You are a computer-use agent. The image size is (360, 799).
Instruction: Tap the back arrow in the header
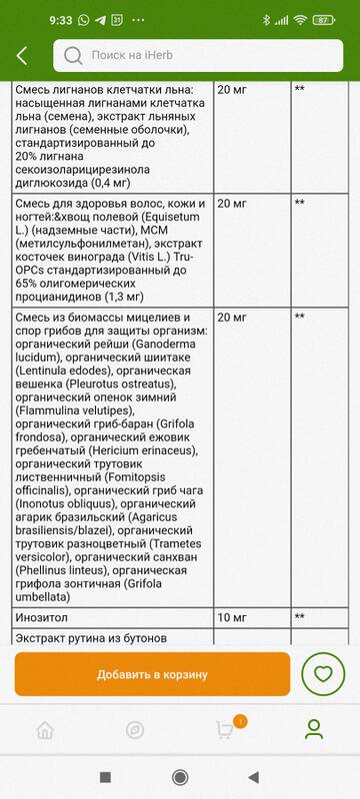pyautogui.click(x=22, y=57)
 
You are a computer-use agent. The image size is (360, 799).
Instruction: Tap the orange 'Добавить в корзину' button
pyautogui.click(x=152, y=674)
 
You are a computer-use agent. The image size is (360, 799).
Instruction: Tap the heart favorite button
pyautogui.click(x=322, y=674)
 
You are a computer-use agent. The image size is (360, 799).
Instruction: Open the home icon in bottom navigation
pyautogui.click(x=45, y=729)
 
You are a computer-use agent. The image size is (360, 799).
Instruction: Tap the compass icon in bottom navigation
pyautogui.click(x=135, y=729)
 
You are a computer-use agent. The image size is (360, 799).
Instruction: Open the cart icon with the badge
pyautogui.click(x=225, y=729)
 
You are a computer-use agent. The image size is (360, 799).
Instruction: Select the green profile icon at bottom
pyautogui.click(x=315, y=729)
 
